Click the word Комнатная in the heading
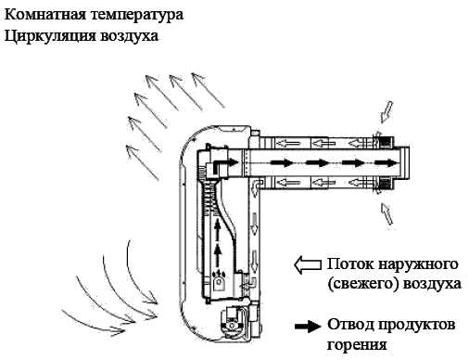[45, 15]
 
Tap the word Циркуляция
[50, 36]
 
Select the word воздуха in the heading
[129, 36]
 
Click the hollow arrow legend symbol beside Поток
[308, 264]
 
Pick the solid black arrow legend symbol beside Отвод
[308, 327]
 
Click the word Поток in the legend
[350, 264]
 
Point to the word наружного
[418, 265]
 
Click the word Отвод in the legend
[350, 325]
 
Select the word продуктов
[417, 326]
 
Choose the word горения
[357, 345]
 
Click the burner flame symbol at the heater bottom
[219, 273]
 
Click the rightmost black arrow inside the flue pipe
[386, 162]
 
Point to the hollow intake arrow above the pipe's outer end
[386, 112]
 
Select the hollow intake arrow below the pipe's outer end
[387, 213]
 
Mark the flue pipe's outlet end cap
[405, 162]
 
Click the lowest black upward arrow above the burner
[218, 256]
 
